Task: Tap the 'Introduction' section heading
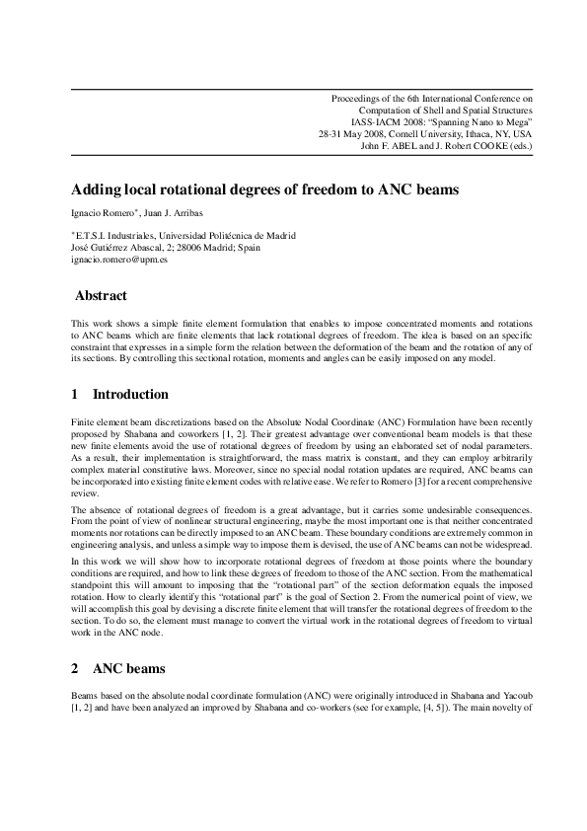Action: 130,394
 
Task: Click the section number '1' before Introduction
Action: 75,394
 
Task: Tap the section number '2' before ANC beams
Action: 75,668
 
